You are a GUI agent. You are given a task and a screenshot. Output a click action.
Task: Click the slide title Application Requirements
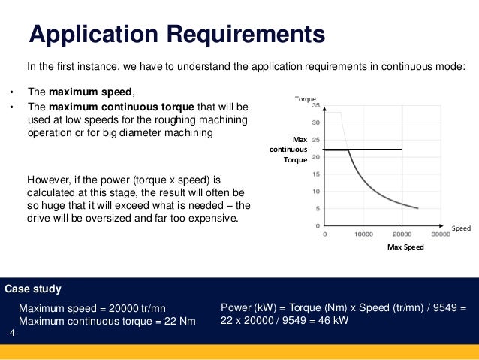176,34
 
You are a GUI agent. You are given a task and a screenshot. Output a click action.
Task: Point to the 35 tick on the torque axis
316,105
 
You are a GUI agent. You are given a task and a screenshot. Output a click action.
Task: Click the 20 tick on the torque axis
316,157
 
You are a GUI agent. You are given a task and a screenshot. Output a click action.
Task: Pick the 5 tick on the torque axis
318,208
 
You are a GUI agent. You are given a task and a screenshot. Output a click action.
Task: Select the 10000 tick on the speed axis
363,234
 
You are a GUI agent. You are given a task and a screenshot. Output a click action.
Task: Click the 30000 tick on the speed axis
441,234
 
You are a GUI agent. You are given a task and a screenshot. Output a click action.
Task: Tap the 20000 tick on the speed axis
402,234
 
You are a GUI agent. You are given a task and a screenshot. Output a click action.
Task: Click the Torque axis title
306,98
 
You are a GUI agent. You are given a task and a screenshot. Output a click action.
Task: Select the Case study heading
33,289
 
